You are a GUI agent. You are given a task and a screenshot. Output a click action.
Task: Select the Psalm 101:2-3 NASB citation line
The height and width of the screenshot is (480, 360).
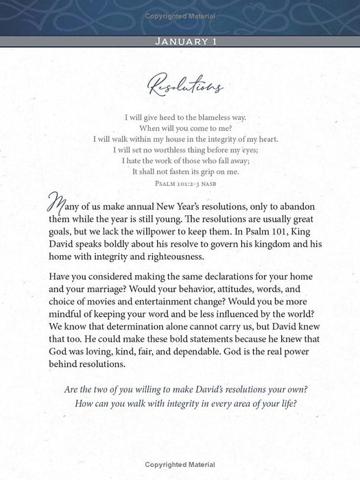[180, 183]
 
